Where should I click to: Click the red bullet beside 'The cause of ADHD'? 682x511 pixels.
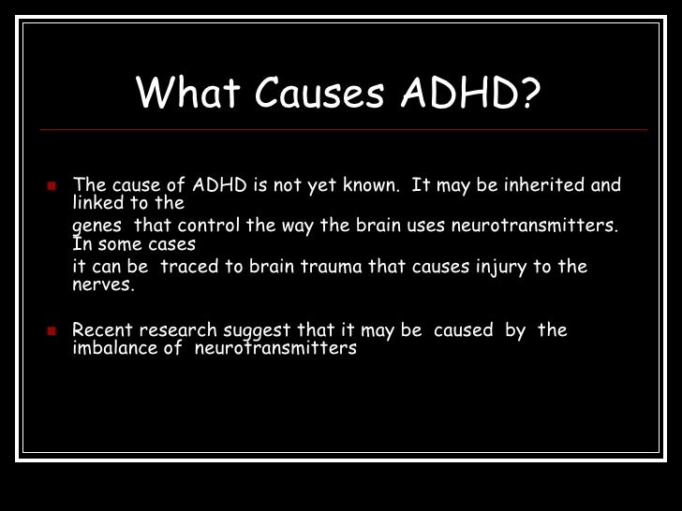click(52, 184)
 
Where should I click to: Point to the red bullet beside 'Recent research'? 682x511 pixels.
click(52, 330)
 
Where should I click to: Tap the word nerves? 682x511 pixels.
click(103, 285)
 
